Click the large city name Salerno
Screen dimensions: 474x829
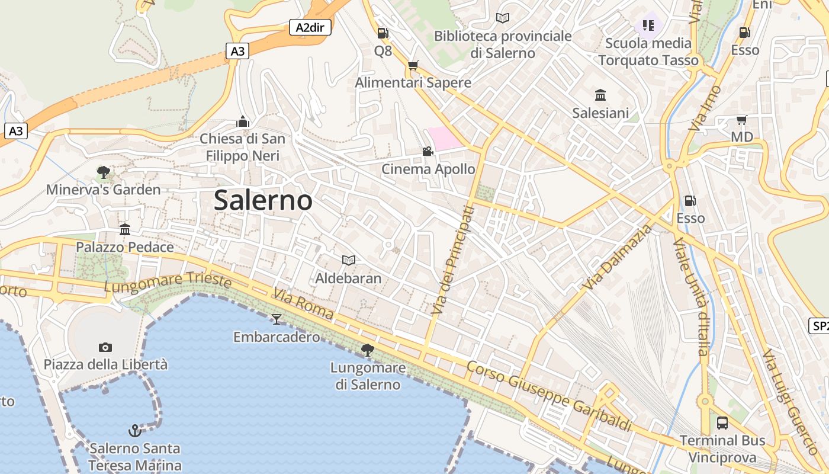(x=263, y=200)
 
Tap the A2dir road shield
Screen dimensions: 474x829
(x=310, y=27)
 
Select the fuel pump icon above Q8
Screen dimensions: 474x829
(x=383, y=33)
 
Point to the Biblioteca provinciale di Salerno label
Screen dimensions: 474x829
(x=503, y=44)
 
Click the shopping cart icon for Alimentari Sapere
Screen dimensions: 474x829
(x=413, y=65)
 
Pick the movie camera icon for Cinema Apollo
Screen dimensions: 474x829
(x=428, y=152)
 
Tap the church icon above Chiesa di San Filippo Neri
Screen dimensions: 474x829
(x=242, y=121)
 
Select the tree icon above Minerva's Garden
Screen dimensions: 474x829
(x=104, y=172)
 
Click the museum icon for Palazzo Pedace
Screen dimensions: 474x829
(x=125, y=229)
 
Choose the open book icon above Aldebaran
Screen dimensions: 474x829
(x=349, y=260)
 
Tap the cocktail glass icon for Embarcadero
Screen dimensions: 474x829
(x=277, y=320)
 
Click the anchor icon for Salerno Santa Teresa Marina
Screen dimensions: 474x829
(x=135, y=430)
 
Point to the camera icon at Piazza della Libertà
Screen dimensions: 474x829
(x=105, y=347)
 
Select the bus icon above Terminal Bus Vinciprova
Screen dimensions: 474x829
(x=722, y=423)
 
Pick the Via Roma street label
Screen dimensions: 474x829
(x=303, y=303)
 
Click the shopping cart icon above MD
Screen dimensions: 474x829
(x=741, y=120)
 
